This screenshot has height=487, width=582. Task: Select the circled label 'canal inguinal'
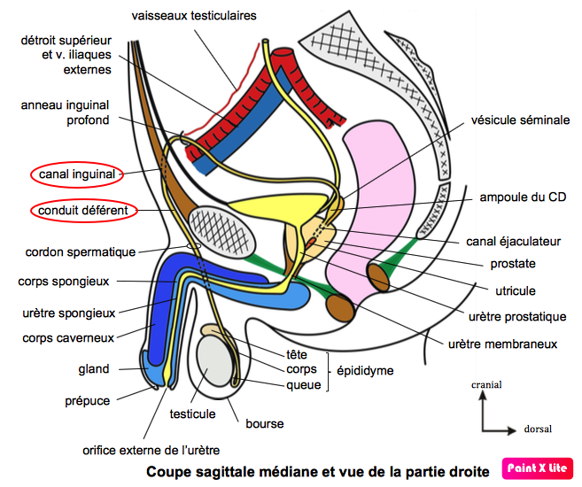(x=77, y=174)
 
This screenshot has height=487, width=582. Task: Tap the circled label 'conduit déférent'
(x=83, y=211)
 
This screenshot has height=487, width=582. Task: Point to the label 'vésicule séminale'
(x=520, y=120)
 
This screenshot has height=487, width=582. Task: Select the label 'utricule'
(x=514, y=290)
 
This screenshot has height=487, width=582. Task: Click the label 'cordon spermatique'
(x=81, y=251)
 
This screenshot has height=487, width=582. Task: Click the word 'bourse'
(x=264, y=424)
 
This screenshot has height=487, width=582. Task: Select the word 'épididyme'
(x=365, y=371)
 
